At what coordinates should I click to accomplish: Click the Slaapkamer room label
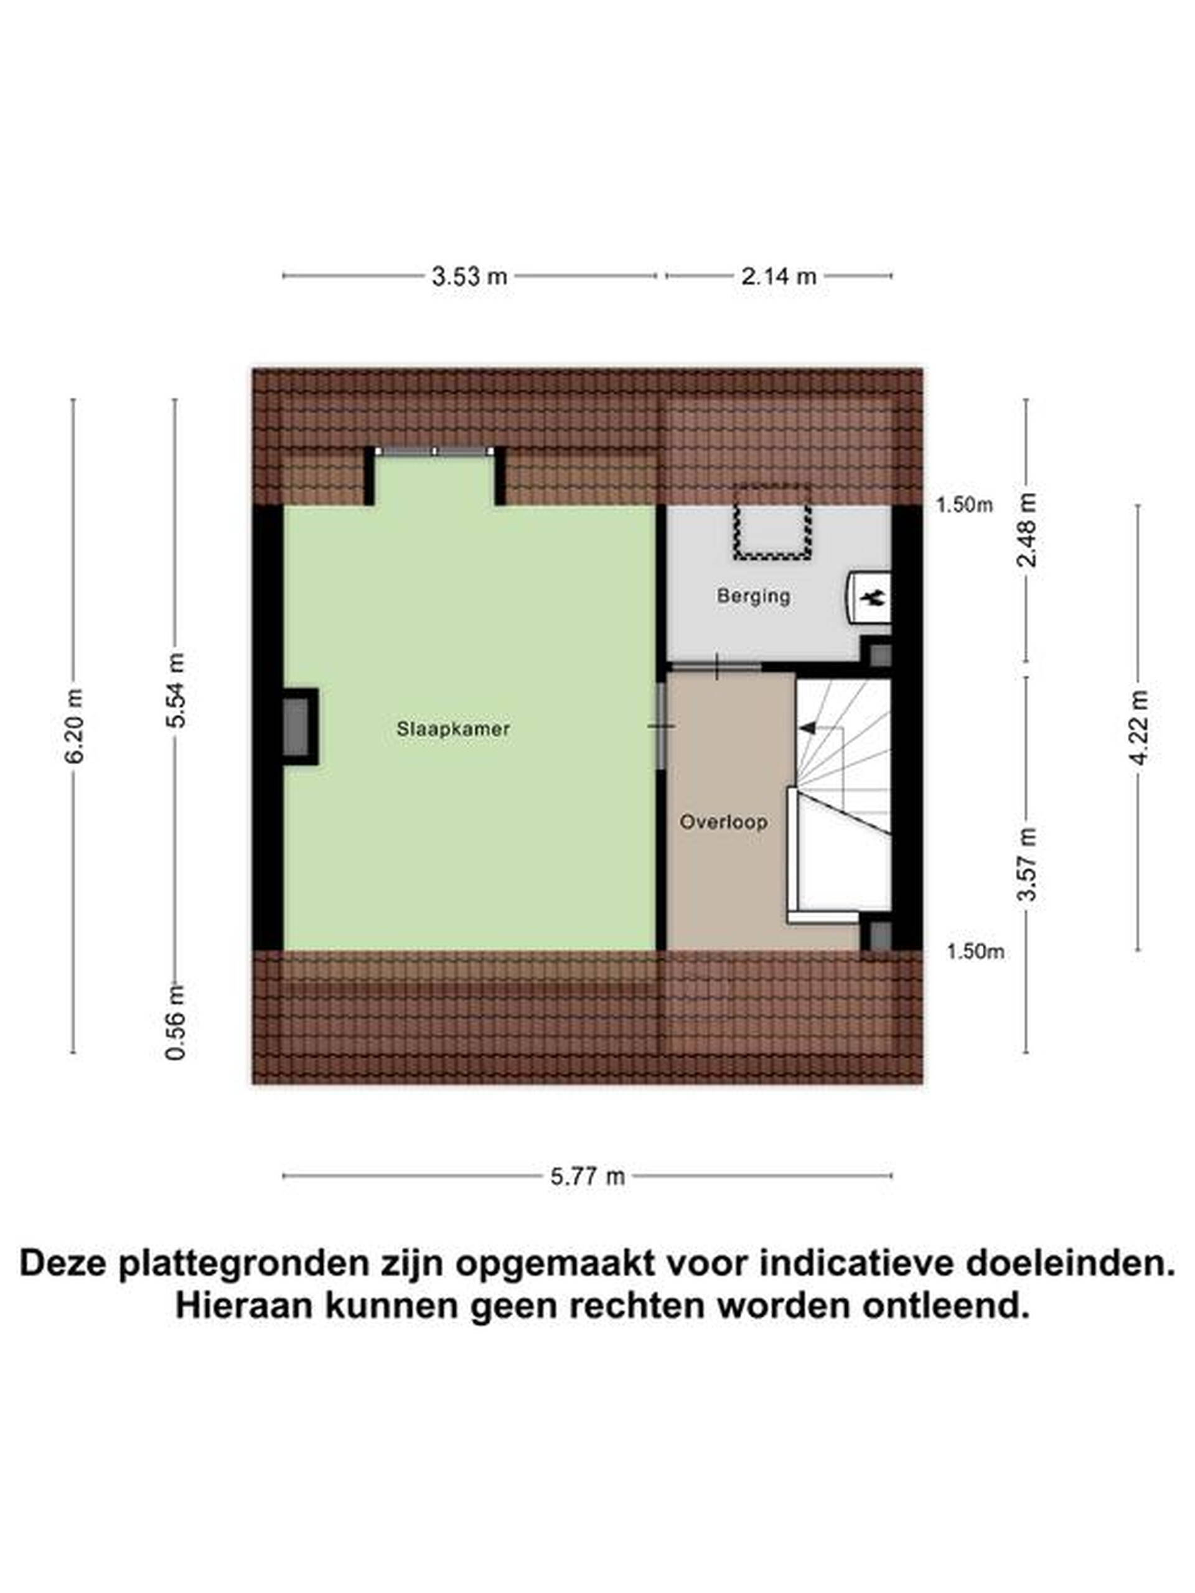[453, 728]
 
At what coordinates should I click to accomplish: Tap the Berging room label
[754, 596]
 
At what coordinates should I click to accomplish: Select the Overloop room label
[723, 822]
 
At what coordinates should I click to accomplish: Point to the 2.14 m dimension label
[779, 276]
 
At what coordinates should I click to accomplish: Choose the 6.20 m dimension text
[73, 726]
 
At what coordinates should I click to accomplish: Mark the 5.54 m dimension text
[175, 690]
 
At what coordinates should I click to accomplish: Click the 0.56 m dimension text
[175, 1022]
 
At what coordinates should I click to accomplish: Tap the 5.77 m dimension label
[588, 1176]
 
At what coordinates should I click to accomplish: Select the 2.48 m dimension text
[1027, 530]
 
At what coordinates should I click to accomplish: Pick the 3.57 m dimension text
[1027, 864]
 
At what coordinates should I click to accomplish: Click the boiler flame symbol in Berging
[874, 596]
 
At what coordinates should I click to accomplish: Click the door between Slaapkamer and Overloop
[661, 726]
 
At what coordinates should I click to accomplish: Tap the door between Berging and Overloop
[715, 667]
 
